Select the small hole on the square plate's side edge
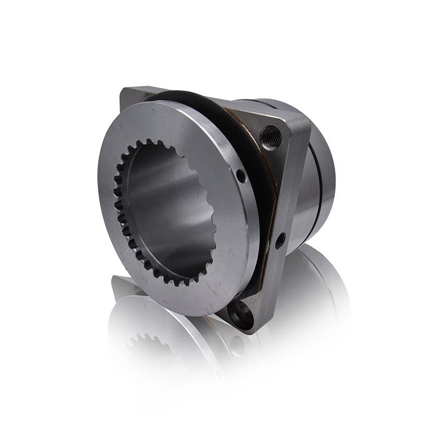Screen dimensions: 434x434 pyautogui.click(x=280, y=239)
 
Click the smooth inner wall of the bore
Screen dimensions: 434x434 pyautogui.click(x=168, y=206)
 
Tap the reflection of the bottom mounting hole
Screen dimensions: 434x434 pyautogui.click(x=237, y=345)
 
